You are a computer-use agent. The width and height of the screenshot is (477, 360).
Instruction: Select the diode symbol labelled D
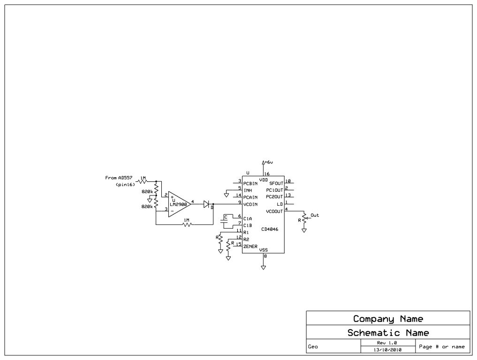point(206,204)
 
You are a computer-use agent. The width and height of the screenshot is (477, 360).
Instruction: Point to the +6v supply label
point(268,162)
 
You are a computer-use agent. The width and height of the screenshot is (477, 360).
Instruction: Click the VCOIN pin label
point(250,204)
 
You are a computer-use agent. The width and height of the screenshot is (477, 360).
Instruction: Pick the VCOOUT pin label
point(274,211)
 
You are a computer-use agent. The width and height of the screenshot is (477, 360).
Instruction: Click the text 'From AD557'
point(119,178)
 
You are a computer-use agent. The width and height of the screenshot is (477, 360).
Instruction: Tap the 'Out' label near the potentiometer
point(314,215)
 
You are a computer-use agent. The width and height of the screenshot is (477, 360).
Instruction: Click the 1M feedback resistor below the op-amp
point(187,225)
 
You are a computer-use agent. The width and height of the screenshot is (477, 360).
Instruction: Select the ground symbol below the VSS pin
point(263,268)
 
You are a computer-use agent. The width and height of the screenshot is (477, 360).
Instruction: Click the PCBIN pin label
point(250,183)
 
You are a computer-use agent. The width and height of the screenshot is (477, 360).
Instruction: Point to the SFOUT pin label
point(276,183)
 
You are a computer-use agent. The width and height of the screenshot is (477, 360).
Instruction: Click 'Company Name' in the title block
point(388,319)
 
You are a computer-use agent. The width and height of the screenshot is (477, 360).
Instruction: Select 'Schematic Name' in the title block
point(388,333)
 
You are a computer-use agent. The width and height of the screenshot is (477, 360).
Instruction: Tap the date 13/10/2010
point(387,350)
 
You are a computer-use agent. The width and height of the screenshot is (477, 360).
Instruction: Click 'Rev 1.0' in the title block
point(387,343)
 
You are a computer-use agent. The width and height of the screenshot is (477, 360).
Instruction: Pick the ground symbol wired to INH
point(227,194)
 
